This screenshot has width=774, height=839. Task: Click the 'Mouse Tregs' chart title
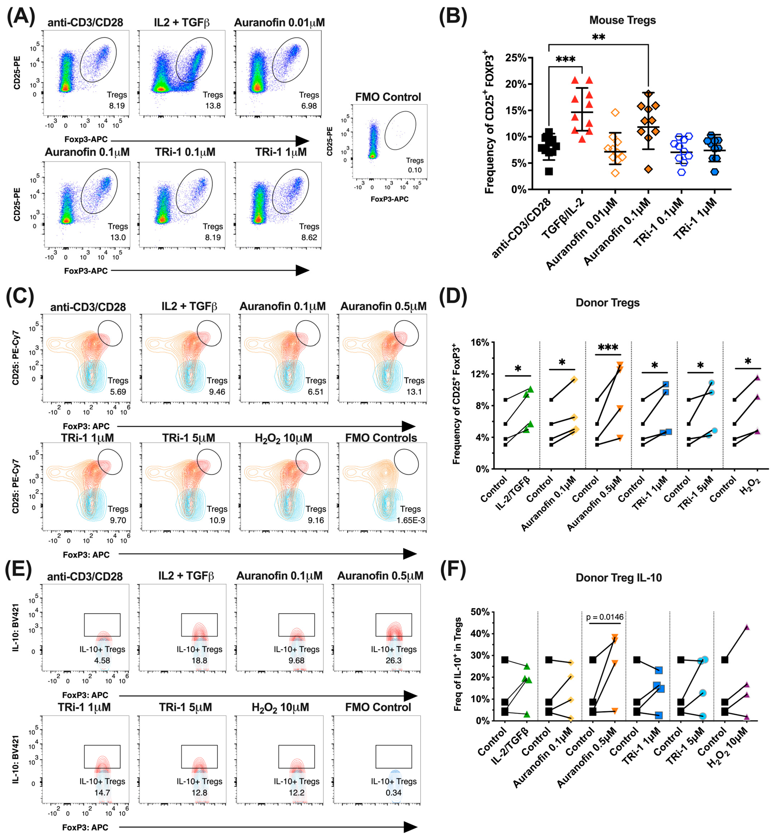pyautogui.click(x=622, y=20)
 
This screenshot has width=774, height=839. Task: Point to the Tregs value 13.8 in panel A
pyautogui.click(x=213, y=106)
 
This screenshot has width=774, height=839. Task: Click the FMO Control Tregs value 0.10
pyautogui.click(x=415, y=170)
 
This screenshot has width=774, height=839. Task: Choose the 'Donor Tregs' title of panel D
pyautogui.click(x=607, y=303)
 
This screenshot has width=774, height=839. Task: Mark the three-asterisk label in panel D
pyautogui.click(x=608, y=347)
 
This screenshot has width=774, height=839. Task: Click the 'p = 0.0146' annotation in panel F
pyautogui.click(x=605, y=617)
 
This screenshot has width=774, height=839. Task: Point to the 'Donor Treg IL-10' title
pyautogui.click(x=619, y=577)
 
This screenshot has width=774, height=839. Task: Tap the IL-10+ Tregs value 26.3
pyautogui.click(x=393, y=660)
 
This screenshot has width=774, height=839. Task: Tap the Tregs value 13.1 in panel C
pyautogui.click(x=414, y=391)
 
